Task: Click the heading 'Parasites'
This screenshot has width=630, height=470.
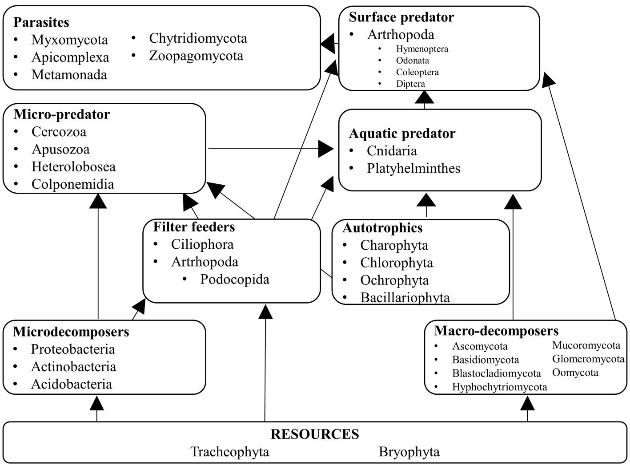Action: [41, 22]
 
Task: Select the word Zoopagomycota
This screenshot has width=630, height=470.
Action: [196, 56]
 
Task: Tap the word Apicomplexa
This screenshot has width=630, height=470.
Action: [70, 57]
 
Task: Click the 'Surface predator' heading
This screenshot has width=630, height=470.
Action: [401, 17]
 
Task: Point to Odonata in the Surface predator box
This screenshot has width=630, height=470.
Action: [413, 61]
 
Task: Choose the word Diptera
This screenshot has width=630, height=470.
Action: [410, 84]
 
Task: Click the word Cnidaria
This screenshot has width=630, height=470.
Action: [392, 151]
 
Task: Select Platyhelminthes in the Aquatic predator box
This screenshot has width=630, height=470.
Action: [413, 168]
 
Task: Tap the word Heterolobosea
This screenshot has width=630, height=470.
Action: [73, 167]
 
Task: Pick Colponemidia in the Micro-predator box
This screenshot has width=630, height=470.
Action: [72, 184]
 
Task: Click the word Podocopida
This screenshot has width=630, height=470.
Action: [235, 279]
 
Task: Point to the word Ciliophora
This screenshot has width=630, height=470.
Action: [202, 244]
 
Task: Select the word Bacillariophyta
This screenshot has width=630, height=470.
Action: [405, 297]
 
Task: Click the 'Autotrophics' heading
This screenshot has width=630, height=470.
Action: [382, 228]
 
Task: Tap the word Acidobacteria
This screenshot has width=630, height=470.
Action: [71, 384]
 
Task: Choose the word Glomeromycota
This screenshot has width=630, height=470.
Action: [588, 359]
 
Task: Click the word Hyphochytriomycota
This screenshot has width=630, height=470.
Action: [500, 387]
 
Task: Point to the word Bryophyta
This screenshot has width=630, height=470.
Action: [409, 452]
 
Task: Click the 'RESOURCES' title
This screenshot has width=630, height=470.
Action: [315, 434]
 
